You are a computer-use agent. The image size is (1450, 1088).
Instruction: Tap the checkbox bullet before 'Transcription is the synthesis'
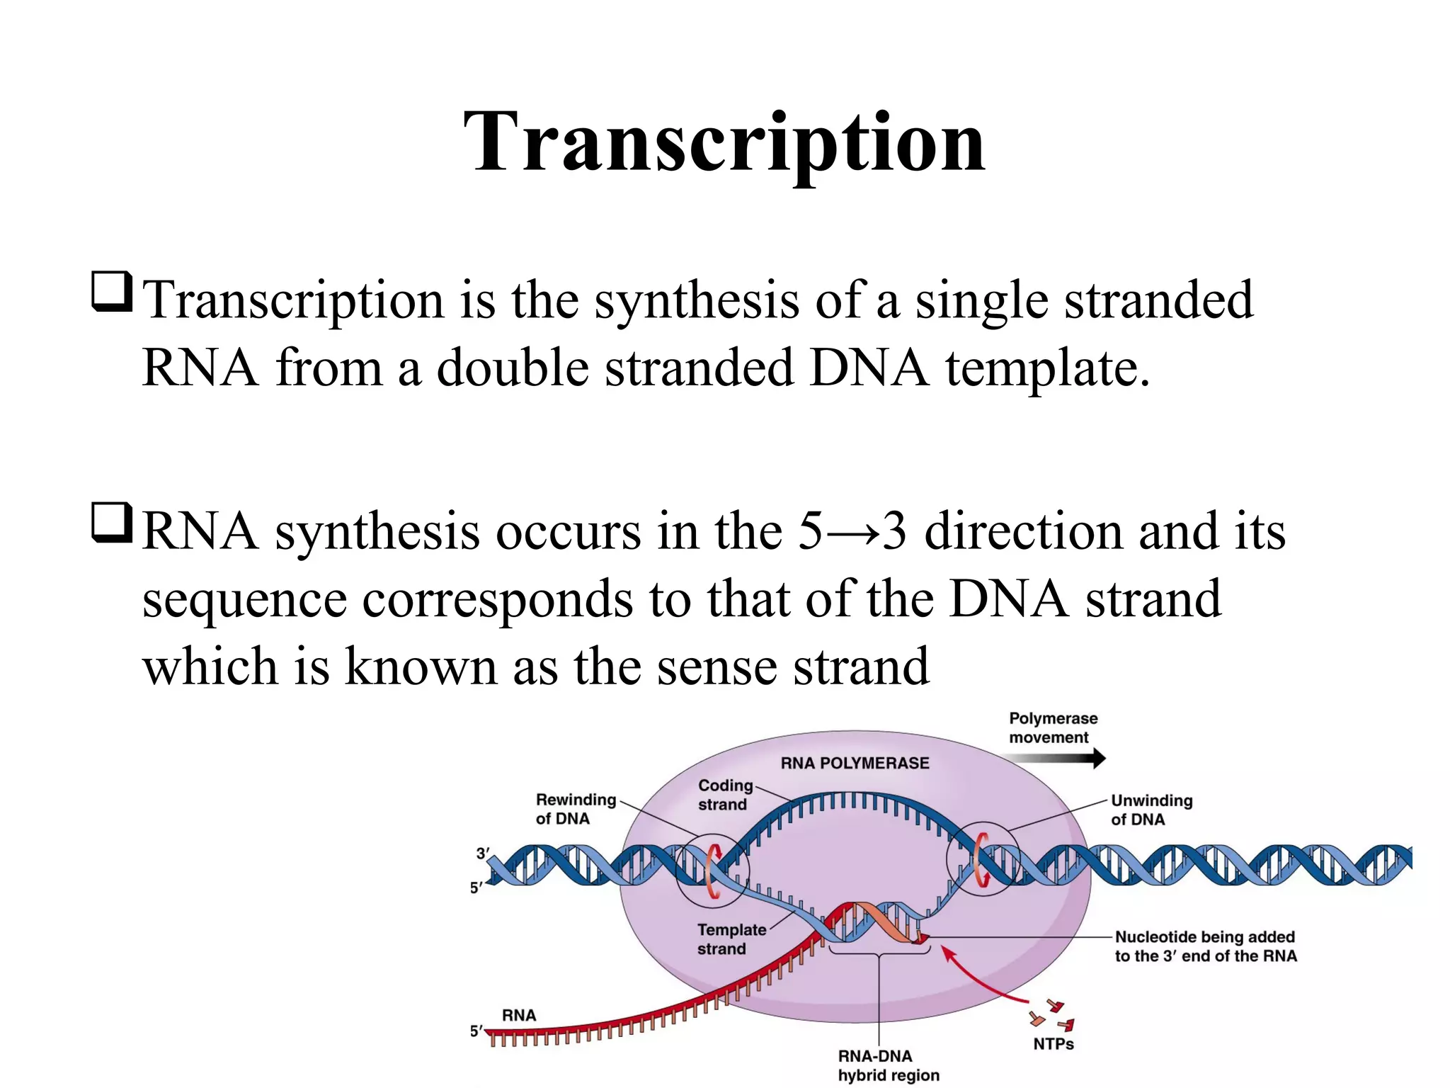(112, 292)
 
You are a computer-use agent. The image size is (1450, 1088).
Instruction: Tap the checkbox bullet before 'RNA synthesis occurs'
(112, 523)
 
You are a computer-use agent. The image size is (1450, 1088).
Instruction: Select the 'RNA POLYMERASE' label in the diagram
(855, 763)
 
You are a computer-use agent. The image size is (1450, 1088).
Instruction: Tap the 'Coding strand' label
(724, 795)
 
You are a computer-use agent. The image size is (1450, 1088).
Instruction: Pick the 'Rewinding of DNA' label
(575, 809)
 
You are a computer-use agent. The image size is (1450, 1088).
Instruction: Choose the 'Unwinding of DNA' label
(1151, 810)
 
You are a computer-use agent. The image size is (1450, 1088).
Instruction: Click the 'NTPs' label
(1053, 1044)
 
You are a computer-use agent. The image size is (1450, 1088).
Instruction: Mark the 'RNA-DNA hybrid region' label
(888, 1065)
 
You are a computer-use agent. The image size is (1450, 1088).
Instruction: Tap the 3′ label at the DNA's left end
(482, 854)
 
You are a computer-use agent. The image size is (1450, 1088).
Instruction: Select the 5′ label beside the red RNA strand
(476, 1031)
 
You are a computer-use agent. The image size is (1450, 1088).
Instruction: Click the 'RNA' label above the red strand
(519, 1015)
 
